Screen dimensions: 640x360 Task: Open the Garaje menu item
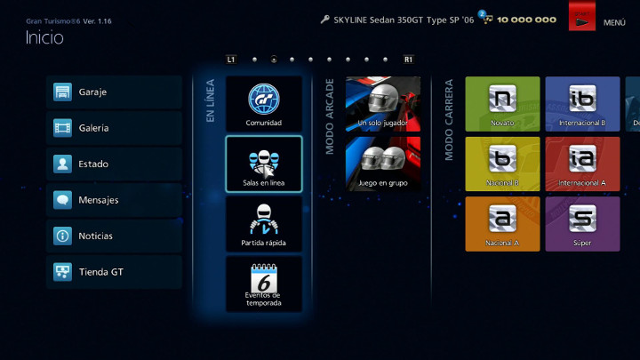coord(114,92)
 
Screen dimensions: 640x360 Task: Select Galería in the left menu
coord(114,128)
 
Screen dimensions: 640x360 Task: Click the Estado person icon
coord(62,164)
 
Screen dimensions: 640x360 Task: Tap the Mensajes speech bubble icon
coord(62,200)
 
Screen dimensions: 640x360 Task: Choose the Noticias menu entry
coord(114,236)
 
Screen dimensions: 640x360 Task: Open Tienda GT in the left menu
coord(114,272)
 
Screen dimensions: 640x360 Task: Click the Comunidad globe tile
coord(264,104)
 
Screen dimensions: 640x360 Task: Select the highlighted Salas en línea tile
coord(264,164)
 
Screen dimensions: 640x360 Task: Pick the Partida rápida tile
coord(264,224)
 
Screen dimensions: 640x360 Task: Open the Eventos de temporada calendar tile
coord(264,284)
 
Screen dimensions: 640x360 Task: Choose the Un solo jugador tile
coord(383,104)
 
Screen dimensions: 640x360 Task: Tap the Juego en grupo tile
coord(383,164)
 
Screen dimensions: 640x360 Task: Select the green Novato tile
coord(502,104)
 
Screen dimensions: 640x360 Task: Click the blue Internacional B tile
coord(582,104)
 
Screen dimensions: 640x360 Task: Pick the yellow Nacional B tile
coord(502,164)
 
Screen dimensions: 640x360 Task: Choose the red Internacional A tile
coord(582,164)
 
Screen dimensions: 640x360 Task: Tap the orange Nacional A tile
coord(502,224)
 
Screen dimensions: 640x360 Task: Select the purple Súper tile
coord(582,224)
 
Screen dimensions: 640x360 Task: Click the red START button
coord(582,16)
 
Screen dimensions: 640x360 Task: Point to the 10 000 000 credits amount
coord(526,20)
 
